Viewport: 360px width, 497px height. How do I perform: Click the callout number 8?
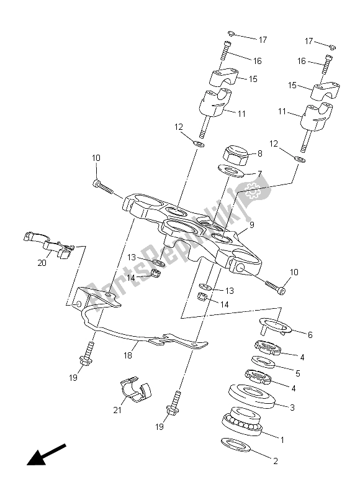click(259, 152)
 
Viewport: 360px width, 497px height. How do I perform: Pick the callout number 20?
click(42, 263)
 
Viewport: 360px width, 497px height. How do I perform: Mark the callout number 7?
click(259, 173)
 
